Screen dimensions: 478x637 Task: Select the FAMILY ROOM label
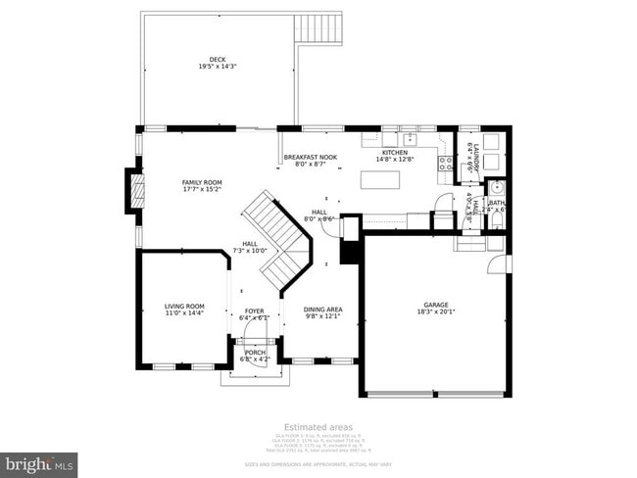coord(202,182)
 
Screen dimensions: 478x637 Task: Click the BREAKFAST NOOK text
coord(311,158)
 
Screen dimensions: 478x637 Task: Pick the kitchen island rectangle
coord(383,179)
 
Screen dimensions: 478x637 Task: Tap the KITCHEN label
coord(395,153)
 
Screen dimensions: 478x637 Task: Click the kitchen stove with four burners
coord(444,163)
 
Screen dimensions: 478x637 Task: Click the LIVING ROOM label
coord(184,307)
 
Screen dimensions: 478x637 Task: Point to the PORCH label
coord(255,353)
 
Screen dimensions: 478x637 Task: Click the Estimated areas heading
coord(318,426)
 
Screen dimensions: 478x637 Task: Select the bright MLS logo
coord(39,461)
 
